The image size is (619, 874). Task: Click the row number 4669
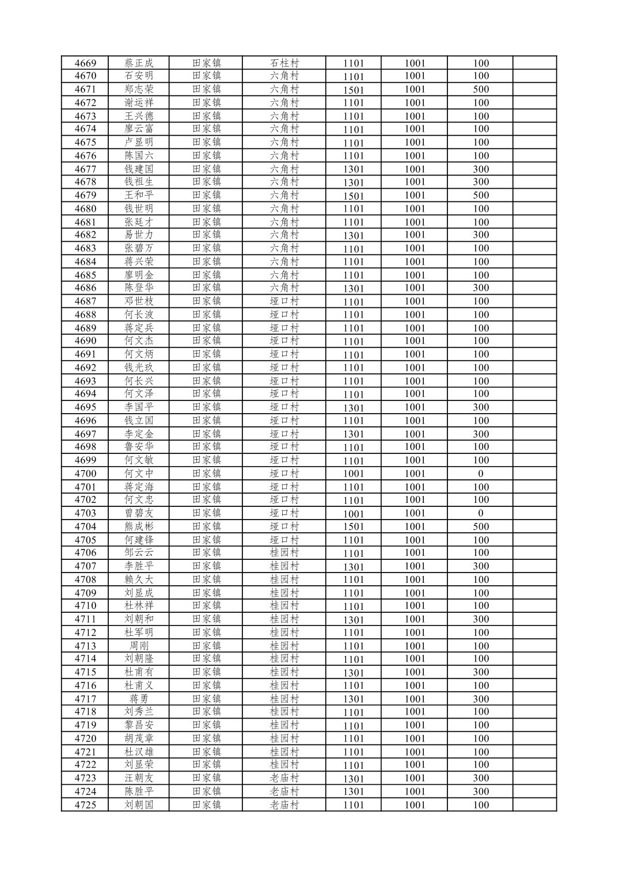click(x=85, y=63)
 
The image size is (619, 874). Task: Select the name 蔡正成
click(x=139, y=63)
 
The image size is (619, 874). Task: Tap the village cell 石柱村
click(x=284, y=63)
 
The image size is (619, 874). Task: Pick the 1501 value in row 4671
click(x=354, y=90)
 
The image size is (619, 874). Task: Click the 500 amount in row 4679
click(x=481, y=195)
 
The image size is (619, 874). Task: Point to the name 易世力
click(x=139, y=235)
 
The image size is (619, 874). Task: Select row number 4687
click(x=85, y=301)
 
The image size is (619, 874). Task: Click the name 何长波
click(x=139, y=315)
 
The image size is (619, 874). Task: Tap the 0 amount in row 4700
click(x=481, y=474)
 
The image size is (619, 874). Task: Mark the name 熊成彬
click(x=139, y=526)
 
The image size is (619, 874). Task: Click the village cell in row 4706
click(x=284, y=553)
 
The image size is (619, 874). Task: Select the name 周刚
click(x=139, y=646)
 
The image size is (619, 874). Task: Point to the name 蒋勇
click(x=139, y=699)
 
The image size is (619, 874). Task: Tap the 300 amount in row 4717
click(x=481, y=699)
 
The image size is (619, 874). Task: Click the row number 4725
click(x=85, y=805)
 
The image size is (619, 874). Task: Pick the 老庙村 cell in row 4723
click(x=284, y=778)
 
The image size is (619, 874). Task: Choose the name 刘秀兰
click(x=139, y=712)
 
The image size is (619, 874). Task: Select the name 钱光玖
click(x=139, y=368)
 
